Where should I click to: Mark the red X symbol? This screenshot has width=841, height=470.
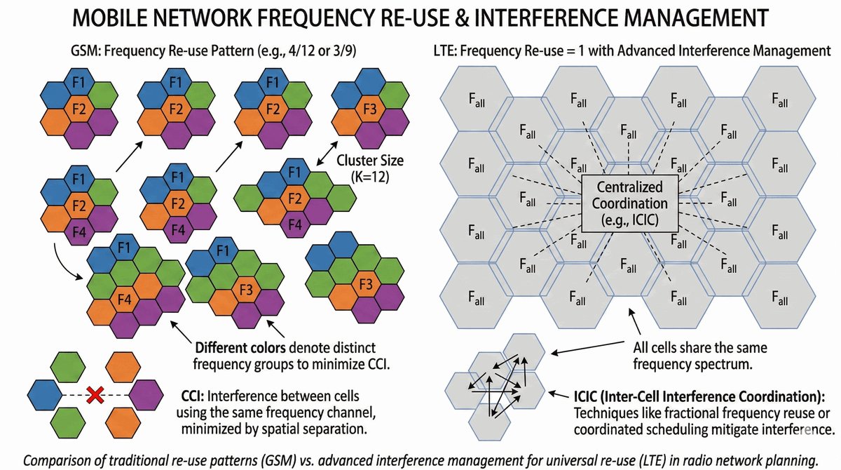95,396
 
